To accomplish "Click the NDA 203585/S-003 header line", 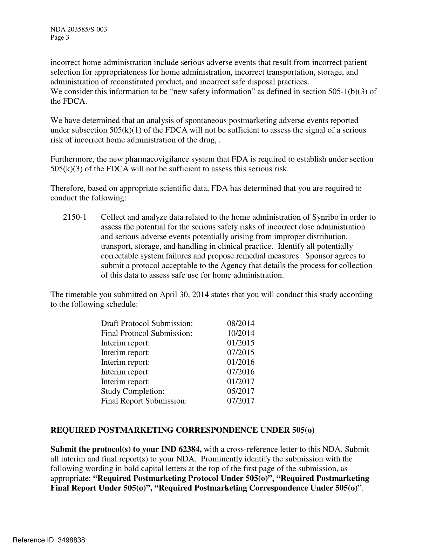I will pos(79,29).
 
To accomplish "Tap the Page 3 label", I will pos(60,38).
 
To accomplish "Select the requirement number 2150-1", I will pos(75,217).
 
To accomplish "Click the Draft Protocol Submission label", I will pos(147,323).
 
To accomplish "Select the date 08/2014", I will pos(240,323).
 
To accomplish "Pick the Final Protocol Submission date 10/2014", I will pos(240,333).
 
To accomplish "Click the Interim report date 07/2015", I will pos(240,352).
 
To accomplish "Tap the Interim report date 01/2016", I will pos(240,362).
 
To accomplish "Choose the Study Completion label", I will pos(132,391).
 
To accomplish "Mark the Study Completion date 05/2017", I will pos(240,391).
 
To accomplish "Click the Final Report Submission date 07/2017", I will pos(240,401).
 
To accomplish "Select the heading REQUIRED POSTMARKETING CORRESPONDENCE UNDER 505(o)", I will pos(183,430).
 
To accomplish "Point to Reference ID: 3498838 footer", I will pos(49,540).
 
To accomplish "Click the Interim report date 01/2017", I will pos(240,382).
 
